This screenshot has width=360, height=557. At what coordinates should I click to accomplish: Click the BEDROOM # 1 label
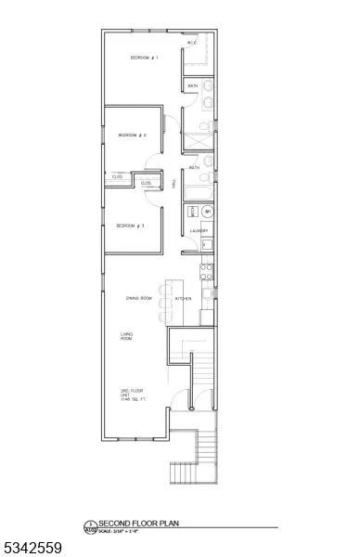click(144, 58)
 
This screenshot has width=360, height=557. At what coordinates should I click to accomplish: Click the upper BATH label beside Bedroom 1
click(193, 86)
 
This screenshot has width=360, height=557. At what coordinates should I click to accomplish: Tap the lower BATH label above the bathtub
click(194, 168)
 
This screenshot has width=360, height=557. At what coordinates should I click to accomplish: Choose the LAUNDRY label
click(199, 230)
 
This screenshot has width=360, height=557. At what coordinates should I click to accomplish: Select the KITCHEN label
click(185, 298)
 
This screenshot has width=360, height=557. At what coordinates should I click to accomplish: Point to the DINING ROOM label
click(139, 298)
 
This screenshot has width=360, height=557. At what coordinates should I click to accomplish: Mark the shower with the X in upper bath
click(198, 136)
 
